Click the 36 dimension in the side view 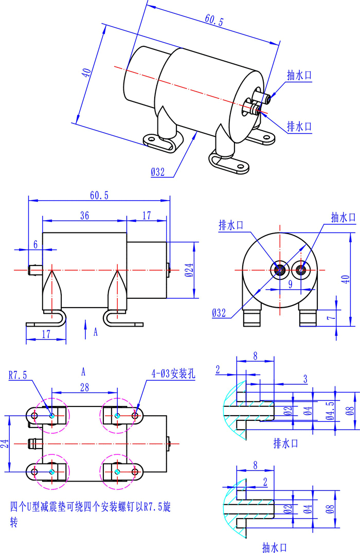(84, 216)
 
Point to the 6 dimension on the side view (35, 245)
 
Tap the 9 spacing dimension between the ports (290, 283)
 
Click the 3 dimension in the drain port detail (305, 379)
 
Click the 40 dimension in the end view (346, 278)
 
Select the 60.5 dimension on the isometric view (214, 21)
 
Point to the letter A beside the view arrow (96, 332)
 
